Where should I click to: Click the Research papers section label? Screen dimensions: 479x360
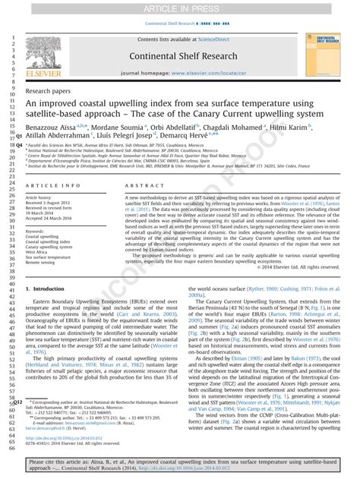tap(49, 89)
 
